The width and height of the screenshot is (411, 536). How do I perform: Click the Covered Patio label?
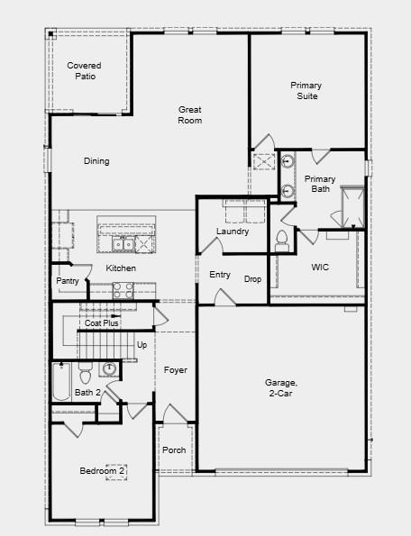(x=83, y=71)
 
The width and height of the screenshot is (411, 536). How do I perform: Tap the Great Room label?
(x=189, y=114)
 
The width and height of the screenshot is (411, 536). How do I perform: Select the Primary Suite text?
(x=306, y=90)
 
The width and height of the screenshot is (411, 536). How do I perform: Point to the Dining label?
(x=96, y=162)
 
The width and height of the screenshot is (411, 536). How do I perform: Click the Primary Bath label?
(x=320, y=184)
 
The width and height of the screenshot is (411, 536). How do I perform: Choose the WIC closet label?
(x=320, y=268)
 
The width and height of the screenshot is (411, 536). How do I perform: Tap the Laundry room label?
(x=233, y=232)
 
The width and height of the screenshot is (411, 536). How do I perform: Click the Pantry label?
(x=68, y=281)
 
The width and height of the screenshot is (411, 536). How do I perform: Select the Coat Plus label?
(x=102, y=323)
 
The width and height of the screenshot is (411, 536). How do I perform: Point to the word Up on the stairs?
(x=142, y=345)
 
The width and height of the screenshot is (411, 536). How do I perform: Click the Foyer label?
(x=176, y=370)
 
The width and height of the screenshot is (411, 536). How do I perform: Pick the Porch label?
(x=174, y=450)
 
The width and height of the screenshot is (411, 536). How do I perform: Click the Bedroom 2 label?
(x=102, y=471)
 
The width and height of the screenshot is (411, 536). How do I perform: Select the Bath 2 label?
(x=87, y=393)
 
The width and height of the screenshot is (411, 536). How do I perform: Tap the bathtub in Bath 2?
(x=61, y=381)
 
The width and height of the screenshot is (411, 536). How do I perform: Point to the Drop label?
(x=252, y=279)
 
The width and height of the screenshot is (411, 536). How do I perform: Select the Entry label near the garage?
(x=220, y=275)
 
